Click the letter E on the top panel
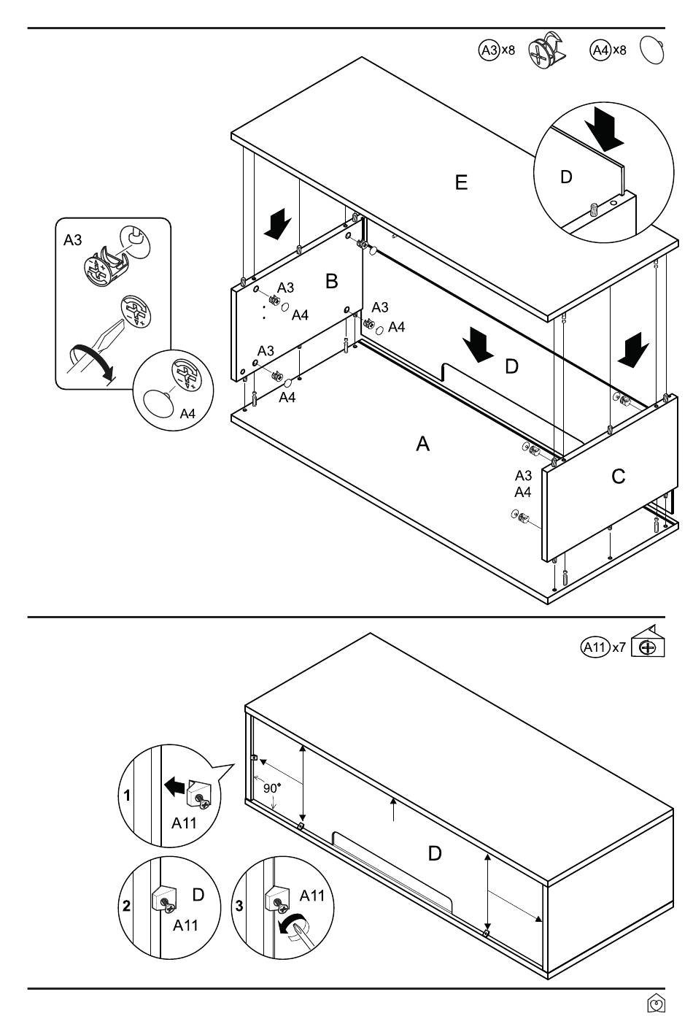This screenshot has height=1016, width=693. (x=461, y=182)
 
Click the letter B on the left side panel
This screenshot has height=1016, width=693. (x=332, y=280)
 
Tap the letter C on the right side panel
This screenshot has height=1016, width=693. (x=618, y=477)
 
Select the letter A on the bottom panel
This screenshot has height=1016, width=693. (x=422, y=443)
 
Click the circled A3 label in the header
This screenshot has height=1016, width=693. (x=488, y=50)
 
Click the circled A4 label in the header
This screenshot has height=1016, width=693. (x=600, y=50)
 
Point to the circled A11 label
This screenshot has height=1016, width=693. (x=595, y=647)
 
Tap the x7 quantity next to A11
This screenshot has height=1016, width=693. (x=619, y=647)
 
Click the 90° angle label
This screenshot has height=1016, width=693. (x=272, y=788)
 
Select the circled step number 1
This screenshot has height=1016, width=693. (x=127, y=796)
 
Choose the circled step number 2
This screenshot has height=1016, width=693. (x=127, y=907)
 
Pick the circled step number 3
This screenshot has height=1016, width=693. (x=239, y=907)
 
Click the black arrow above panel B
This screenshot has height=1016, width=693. (x=278, y=223)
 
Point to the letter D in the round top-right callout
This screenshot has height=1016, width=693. (x=566, y=177)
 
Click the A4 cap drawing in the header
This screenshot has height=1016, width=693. (x=651, y=51)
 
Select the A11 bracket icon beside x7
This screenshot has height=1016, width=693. (x=648, y=644)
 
